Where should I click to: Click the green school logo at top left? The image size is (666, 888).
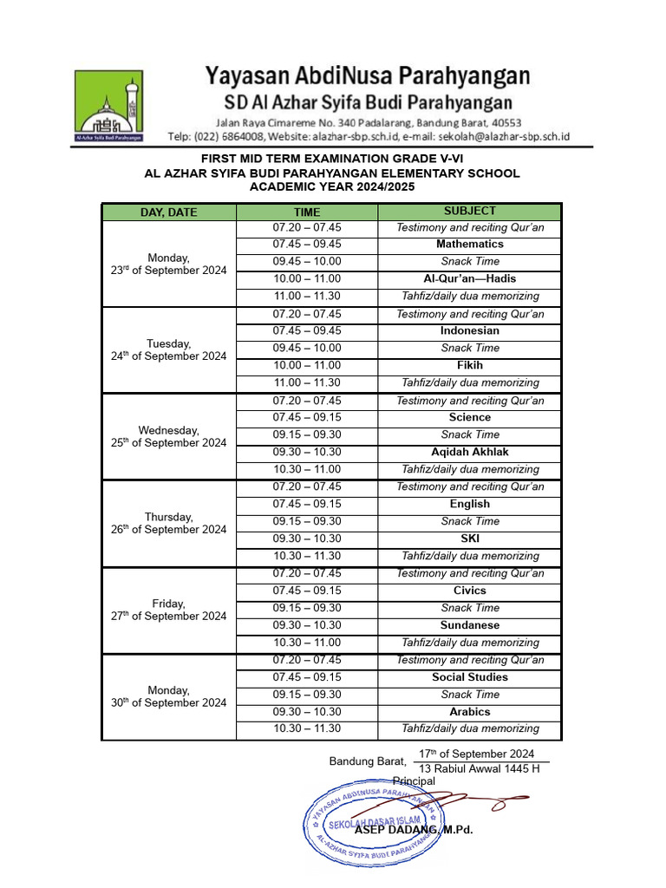(x=108, y=107)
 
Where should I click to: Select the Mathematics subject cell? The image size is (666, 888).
(x=469, y=245)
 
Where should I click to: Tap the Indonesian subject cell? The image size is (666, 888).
(x=469, y=331)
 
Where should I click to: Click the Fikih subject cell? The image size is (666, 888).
(x=469, y=366)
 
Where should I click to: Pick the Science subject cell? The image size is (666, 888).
(x=469, y=418)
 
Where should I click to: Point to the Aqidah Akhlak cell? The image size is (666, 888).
(x=469, y=453)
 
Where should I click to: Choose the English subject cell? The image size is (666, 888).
(x=469, y=505)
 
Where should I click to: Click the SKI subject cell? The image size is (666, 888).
(x=469, y=539)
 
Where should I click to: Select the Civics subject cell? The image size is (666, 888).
(x=469, y=591)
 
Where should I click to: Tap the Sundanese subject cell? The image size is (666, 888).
(x=469, y=626)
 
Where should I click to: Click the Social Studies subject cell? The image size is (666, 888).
(x=469, y=677)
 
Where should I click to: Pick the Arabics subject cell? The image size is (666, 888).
(x=469, y=712)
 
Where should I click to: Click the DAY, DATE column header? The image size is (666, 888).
(x=169, y=212)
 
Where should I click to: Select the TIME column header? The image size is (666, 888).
(x=307, y=212)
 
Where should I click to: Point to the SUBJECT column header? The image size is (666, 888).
(x=469, y=212)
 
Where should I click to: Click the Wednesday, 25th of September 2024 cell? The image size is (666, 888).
(x=169, y=436)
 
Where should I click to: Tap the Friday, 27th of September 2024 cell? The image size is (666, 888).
(x=169, y=610)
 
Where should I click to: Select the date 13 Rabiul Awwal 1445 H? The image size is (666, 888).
(x=479, y=769)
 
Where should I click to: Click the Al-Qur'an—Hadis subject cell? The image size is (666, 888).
(x=469, y=279)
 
